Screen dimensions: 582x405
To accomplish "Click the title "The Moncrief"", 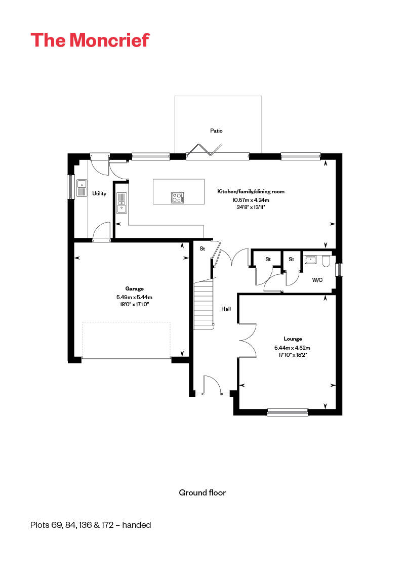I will click(x=90, y=39).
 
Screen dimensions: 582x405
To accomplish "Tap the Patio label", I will click(x=216, y=131).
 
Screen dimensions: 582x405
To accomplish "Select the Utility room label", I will click(x=99, y=193).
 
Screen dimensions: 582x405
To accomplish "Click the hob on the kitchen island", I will click(x=177, y=197).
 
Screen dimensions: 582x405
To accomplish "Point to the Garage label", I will click(x=134, y=288).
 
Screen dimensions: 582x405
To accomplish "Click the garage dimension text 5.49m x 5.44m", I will click(x=134, y=297).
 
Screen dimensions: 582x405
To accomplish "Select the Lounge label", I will click(x=293, y=339).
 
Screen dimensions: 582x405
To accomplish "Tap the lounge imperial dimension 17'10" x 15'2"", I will click(x=292, y=355).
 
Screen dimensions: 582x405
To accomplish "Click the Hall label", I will click(x=226, y=308).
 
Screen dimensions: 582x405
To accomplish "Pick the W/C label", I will click(x=317, y=279).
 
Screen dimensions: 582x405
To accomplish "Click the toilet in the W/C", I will click(x=326, y=261).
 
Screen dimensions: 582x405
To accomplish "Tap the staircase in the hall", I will click(x=204, y=304).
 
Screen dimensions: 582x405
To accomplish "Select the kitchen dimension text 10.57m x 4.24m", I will click(x=251, y=199).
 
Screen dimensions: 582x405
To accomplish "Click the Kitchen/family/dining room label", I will click(x=251, y=192).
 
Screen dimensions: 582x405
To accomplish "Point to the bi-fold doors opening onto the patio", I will click(x=204, y=151).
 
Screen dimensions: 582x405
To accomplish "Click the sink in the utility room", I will click(x=82, y=188).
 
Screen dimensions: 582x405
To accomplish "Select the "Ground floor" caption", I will click(x=202, y=492).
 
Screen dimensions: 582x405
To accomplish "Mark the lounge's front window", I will click(x=287, y=412).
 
